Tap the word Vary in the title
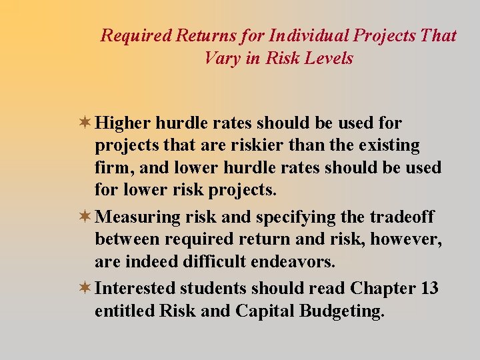click(x=218, y=58)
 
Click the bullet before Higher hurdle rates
click(x=85, y=123)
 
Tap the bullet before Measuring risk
click(x=85, y=217)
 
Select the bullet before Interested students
click(x=85, y=289)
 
